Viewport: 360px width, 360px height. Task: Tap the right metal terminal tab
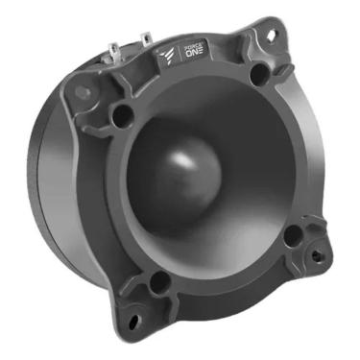(x=145, y=38)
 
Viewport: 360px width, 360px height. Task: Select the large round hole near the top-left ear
(x=121, y=115)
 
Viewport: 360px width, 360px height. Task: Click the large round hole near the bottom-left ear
(x=159, y=281)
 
